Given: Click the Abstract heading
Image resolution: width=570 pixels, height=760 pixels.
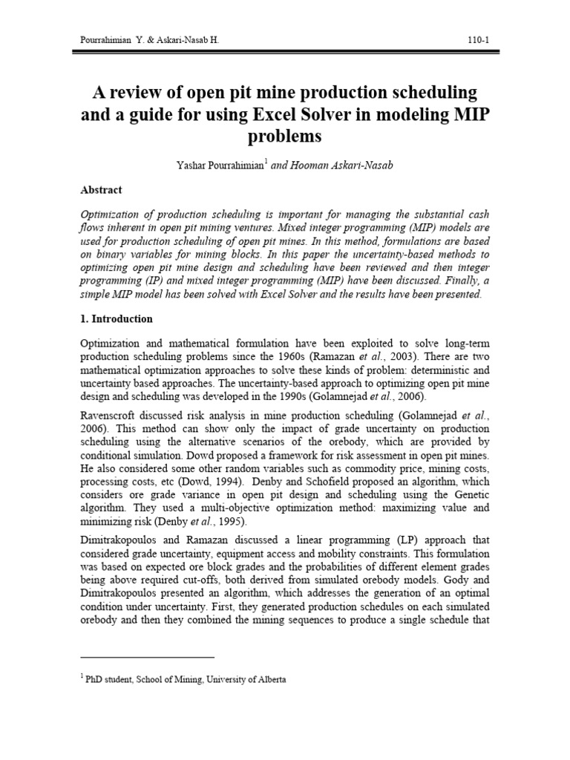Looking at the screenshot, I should pyautogui.click(x=101, y=190).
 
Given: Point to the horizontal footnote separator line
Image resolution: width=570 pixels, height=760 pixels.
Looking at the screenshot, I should pyautogui.click(x=146, y=657).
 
